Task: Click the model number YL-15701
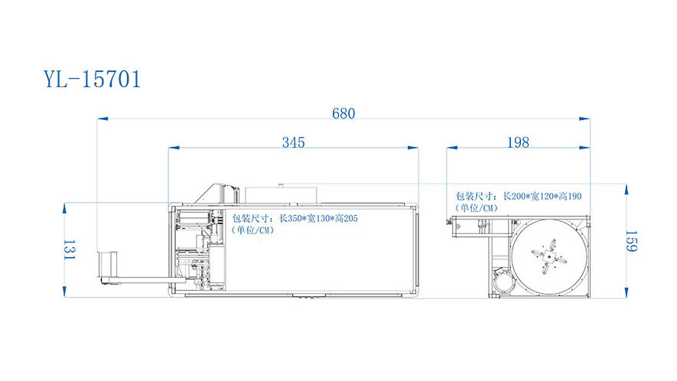(x=93, y=79)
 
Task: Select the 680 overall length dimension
(x=343, y=113)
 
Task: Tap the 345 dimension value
(x=294, y=142)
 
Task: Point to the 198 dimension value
(x=518, y=142)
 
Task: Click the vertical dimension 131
(x=70, y=249)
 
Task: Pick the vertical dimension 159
(x=631, y=241)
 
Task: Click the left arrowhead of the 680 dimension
(x=103, y=119)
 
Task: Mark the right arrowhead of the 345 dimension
(x=413, y=148)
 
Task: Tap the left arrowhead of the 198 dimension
(x=452, y=148)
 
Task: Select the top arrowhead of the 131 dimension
(x=64, y=208)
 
